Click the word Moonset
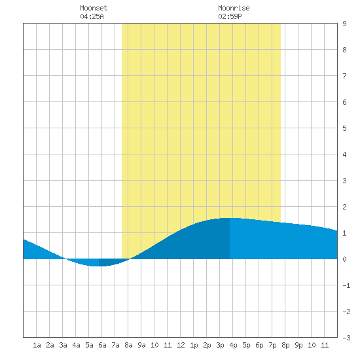tap(94, 8)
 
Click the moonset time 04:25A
tap(92, 16)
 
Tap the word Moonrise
tap(234, 8)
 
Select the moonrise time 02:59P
tap(230, 16)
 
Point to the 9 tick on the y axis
tap(344, 24)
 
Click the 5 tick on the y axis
tap(344, 128)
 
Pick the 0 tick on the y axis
tap(344, 259)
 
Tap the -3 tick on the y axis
tap(346, 338)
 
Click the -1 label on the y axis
tap(346, 285)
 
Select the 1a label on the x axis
tap(37, 345)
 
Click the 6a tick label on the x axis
tap(102, 345)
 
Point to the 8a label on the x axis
tap(128, 345)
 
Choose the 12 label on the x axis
tap(181, 345)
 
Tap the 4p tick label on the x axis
tap(233, 345)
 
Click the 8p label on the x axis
tap(285, 345)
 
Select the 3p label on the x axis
tap(220, 345)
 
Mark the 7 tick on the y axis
tap(344, 76)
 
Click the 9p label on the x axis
tap(298, 345)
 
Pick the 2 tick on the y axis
tap(344, 207)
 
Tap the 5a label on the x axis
tap(89, 345)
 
